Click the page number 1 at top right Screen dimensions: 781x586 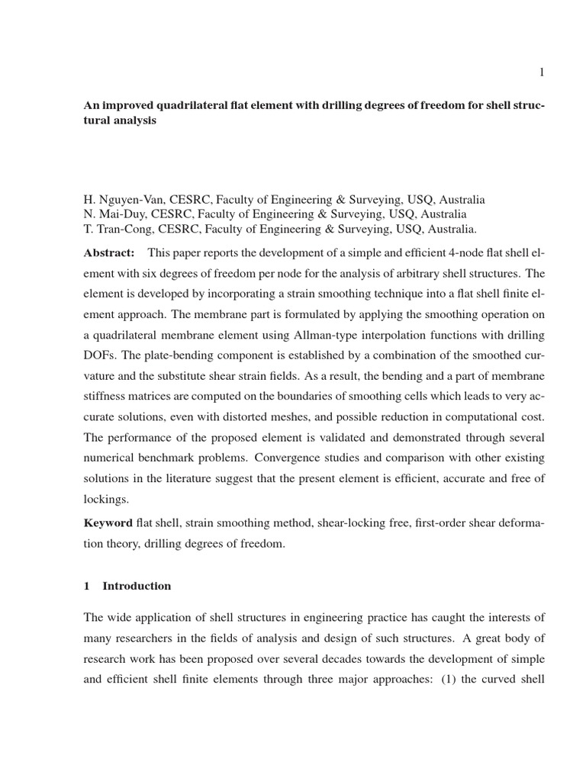pos(541,72)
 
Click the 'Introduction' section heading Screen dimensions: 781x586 pos(137,586)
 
